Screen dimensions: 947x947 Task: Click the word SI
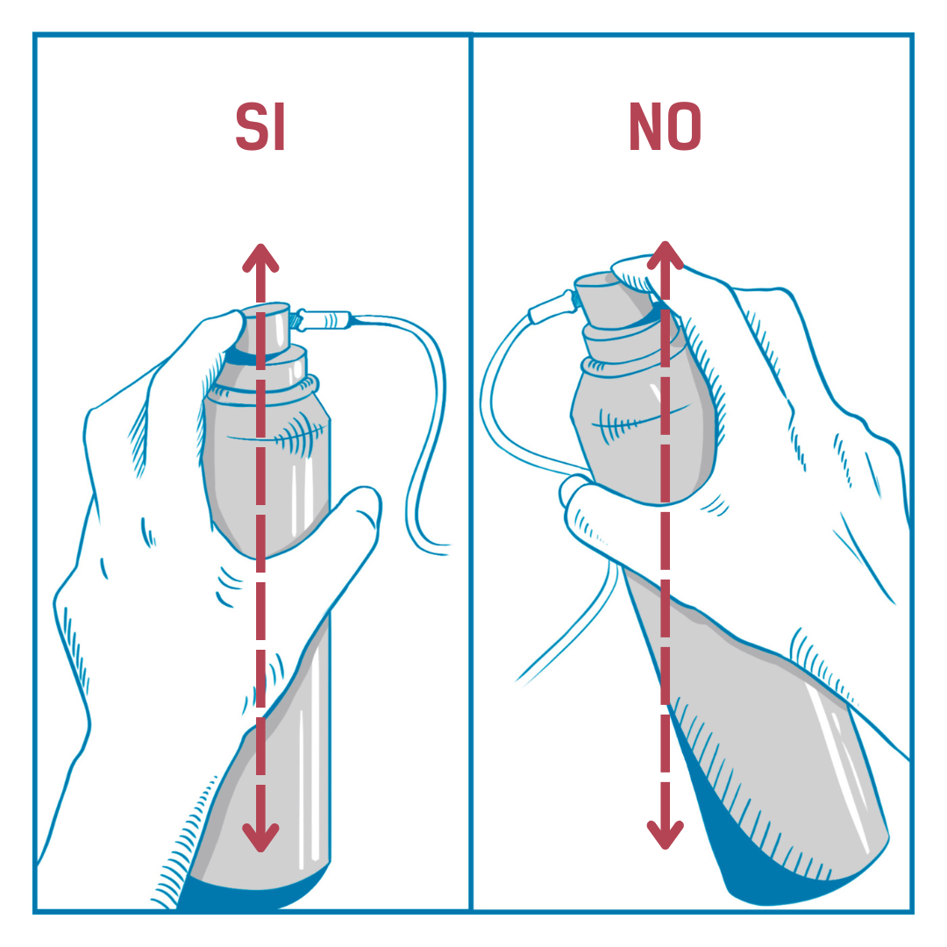tap(260, 127)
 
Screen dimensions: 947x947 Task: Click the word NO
tap(665, 126)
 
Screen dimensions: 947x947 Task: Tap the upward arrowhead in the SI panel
tap(260, 259)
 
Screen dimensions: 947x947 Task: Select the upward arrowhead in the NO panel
tap(665, 256)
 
